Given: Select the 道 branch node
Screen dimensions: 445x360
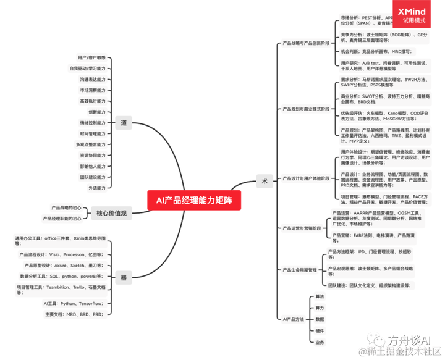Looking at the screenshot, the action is [x=124, y=123].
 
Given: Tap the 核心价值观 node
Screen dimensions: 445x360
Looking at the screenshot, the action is [x=111, y=213].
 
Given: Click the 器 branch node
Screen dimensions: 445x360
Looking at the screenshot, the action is [x=124, y=278].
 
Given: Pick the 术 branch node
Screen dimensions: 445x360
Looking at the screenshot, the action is [x=264, y=180].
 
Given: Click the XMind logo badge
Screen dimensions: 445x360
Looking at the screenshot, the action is [x=415, y=15].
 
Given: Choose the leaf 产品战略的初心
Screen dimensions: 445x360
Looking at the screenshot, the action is [x=66, y=207].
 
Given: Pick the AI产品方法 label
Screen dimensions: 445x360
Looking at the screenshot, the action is [x=293, y=319].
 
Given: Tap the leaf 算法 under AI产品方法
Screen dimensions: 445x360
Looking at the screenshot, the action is [x=320, y=297].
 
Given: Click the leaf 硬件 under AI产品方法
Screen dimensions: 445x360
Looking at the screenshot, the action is [x=320, y=330].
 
